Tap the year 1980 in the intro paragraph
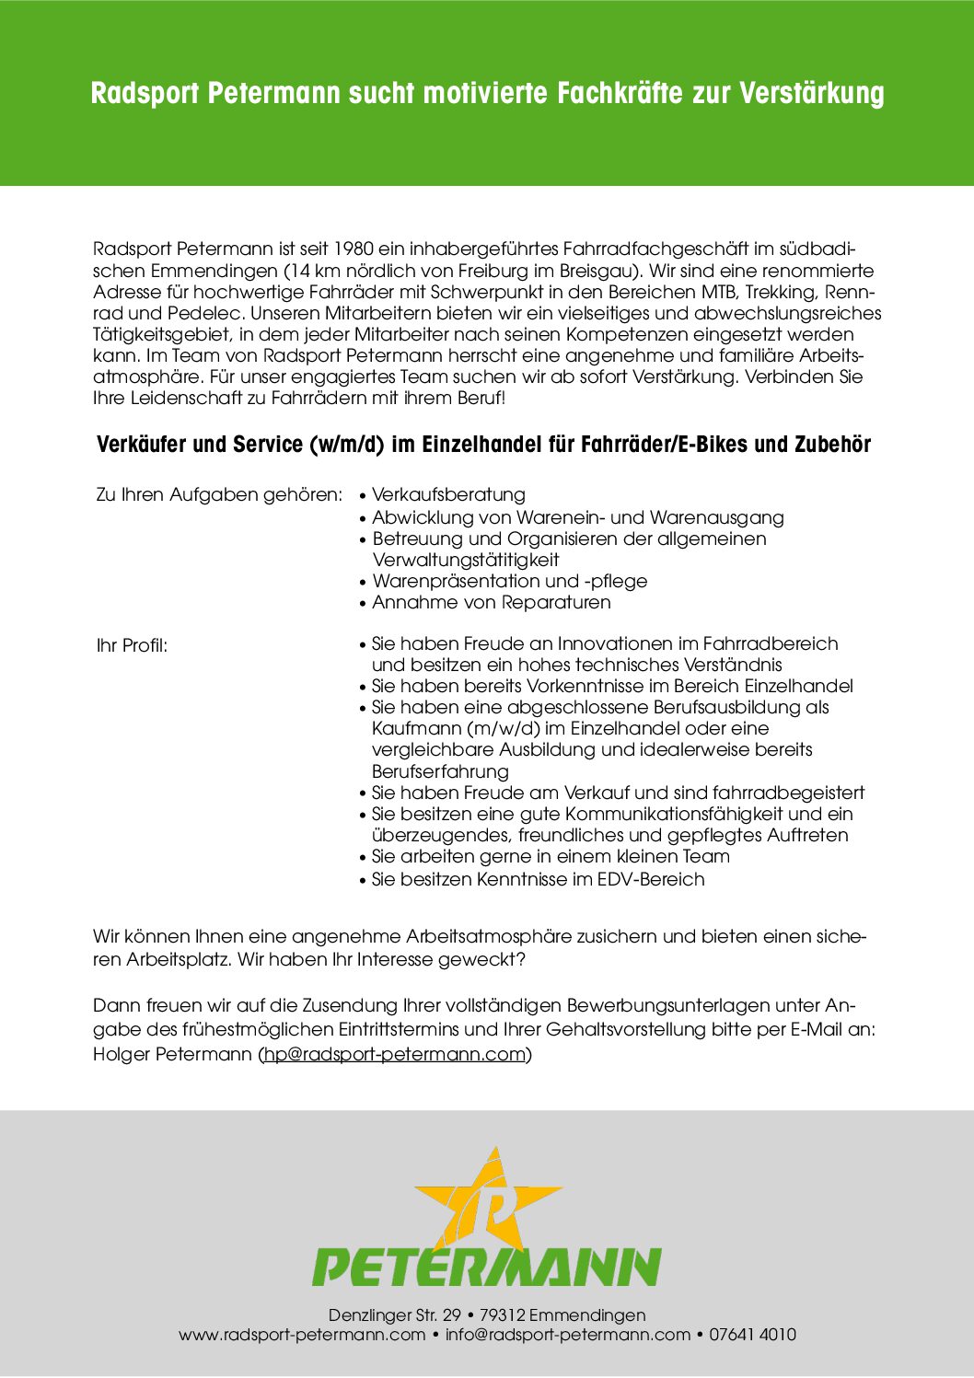tap(354, 249)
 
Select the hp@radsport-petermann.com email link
tap(395, 1054)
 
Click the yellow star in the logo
tap(489, 1197)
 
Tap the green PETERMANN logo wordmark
tap(487, 1268)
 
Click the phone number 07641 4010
tap(752, 1335)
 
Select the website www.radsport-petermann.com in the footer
tap(302, 1335)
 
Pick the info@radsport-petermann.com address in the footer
tap(568, 1335)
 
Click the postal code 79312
tap(502, 1314)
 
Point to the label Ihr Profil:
tap(132, 645)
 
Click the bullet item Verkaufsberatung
tap(448, 494)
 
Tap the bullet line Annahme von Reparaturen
tap(491, 602)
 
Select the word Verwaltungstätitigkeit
tap(465, 560)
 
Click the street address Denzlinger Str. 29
tap(395, 1314)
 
